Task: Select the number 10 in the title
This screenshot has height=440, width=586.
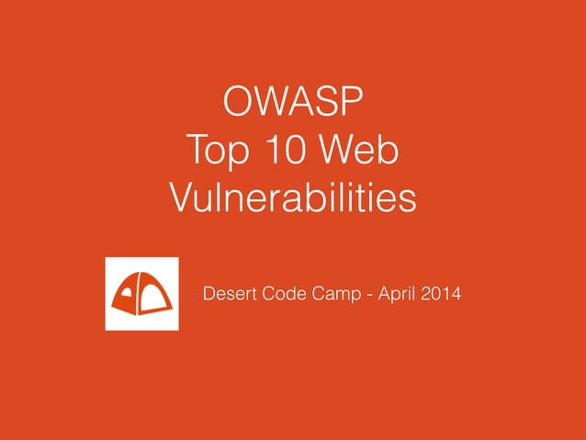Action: pyautogui.click(x=293, y=149)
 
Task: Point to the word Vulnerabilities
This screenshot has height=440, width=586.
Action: pyautogui.click(x=293, y=197)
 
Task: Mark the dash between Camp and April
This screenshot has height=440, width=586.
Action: pyautogui.click(x=369, y=295)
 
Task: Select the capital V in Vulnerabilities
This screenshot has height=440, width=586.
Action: pyautogui.click(x=183, y=197)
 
